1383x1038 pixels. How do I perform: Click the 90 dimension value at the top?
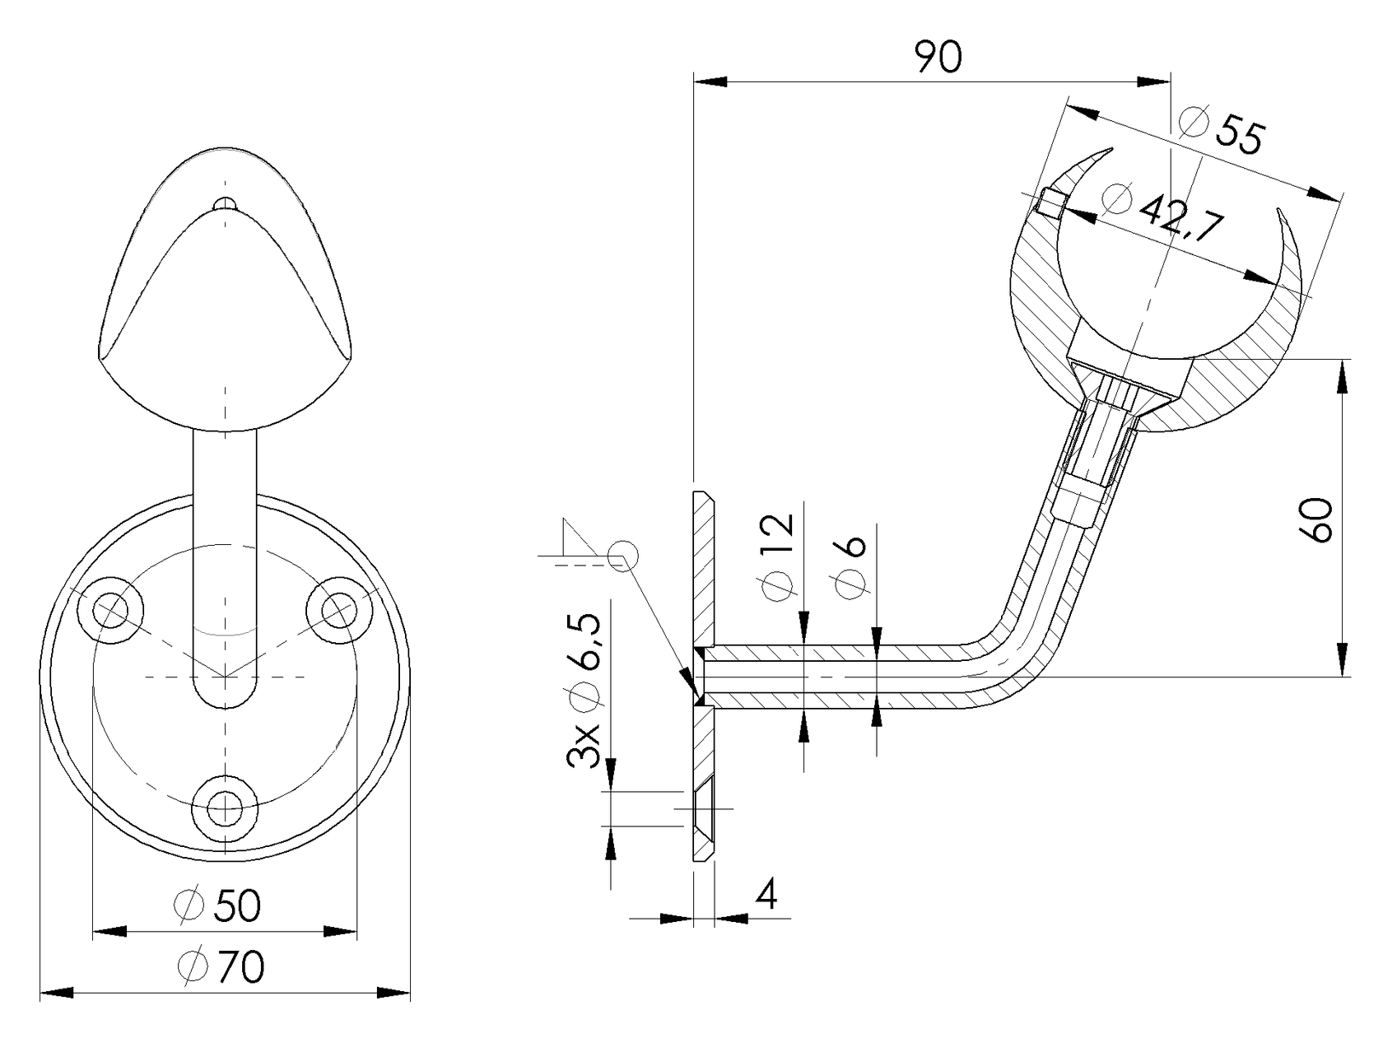pos(938,58)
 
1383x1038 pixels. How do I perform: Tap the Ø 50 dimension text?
pos(218,905)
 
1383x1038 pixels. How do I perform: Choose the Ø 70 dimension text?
pos(221,966)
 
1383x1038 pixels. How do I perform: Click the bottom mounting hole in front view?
pos(225,808)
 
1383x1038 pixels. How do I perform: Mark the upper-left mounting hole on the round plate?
pos(110,610)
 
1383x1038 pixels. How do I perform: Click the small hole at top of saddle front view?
pos(225,202)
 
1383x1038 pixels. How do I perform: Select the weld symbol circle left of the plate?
pos(622,556)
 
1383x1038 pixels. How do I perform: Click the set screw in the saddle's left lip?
pos(1051,201)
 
